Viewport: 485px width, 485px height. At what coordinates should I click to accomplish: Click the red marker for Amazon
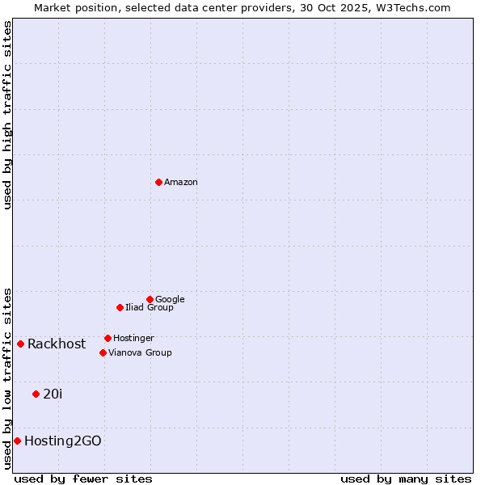158,182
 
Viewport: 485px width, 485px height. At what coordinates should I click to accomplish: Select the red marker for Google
150,299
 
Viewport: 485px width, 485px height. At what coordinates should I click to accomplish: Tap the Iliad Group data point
120,307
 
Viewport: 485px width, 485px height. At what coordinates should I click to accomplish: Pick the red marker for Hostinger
108,338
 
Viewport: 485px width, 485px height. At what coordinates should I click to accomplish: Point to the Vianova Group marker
103,352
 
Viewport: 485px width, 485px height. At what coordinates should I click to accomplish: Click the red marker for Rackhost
20,344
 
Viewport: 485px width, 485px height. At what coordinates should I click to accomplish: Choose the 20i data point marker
36,394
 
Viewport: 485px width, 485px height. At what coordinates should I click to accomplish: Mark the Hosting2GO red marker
17,441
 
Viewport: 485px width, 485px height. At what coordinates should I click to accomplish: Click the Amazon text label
181,182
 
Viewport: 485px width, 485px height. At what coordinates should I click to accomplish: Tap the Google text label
170,299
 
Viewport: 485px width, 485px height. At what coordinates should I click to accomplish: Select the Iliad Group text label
150,307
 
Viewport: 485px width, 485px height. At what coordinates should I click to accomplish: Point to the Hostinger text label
133,338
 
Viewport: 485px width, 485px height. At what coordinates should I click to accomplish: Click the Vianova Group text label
140,352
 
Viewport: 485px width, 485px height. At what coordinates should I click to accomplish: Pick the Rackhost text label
57,344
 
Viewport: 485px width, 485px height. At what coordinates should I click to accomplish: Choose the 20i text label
53,394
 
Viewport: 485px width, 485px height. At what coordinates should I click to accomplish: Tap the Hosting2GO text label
63,441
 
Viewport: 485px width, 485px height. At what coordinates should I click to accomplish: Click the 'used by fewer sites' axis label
83,479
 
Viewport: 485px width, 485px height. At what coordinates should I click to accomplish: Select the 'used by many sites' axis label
406,479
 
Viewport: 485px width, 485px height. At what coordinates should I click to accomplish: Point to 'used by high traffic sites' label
7,115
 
